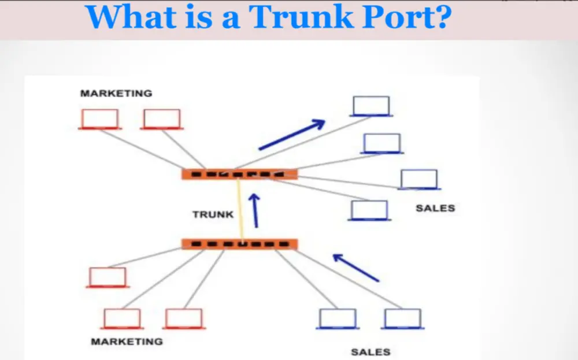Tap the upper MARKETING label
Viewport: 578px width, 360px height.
click(x=116, y=93)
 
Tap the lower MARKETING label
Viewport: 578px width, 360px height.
click(x=127, y=342)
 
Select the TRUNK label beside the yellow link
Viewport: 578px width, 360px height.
click(x=213, y=214)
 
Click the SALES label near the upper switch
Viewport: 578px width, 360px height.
click(x=435, y=208)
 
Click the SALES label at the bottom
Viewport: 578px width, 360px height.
click(x=370, y=351)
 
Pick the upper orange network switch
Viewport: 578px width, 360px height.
click(x=239, y=174)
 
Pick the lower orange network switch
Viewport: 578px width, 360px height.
click(x=239, y=244)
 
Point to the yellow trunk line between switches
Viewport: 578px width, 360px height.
click(x=239, y=208)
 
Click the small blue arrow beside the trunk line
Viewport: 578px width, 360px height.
click(x=254, y=209)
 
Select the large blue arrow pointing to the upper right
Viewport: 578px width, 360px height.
click(x=292, y=135)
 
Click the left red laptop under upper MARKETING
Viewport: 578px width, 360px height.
click(x=100, y=119)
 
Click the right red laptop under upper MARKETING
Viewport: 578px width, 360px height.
click(x=162, y=119)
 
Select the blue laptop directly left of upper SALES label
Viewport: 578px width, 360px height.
click(x=369, y=210)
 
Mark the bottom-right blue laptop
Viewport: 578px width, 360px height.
click(x=403, y=319)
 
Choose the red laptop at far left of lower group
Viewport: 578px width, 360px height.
click(x=108, y=277)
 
